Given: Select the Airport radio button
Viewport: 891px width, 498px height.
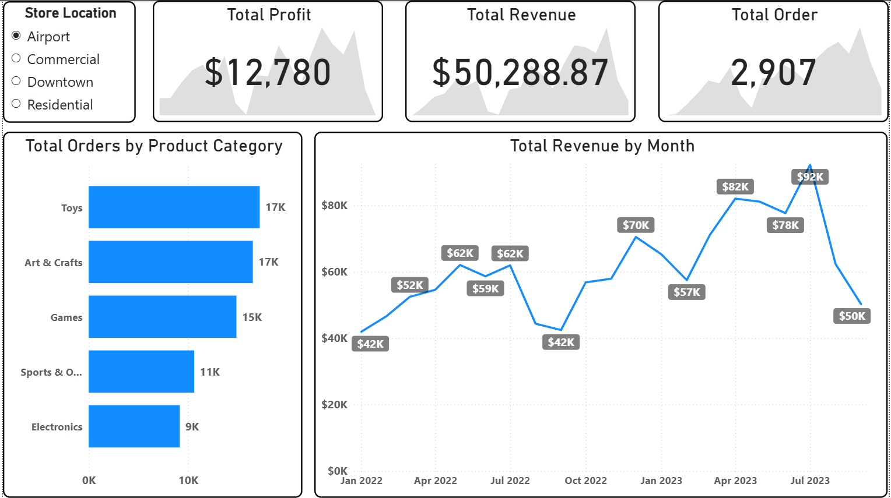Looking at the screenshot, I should pyautogui.click(x=16, y=36).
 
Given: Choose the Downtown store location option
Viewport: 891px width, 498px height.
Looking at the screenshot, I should pyautogui.click(x=16, y=81).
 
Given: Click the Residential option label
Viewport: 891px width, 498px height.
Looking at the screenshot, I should pyautogui.click(x=60, y=105).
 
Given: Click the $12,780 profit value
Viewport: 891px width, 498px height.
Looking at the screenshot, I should pyautogui.click(x=268, y=73).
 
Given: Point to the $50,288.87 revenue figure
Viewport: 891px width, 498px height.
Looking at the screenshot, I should pyautogui.click(x=520, y=73).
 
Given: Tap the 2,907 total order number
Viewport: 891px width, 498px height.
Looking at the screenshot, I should pyautogui.click(x=773, y=73).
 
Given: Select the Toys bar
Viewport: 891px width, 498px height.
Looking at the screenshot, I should pyautogui.click(x=174, y=207).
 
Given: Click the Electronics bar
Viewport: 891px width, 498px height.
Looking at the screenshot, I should pyautogui.click(x=134, y=426).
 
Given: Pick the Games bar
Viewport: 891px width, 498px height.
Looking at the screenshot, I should pyautogui.click(x=162, y=317).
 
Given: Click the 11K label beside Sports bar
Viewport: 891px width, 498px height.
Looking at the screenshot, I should pyautogui.click(x=210, y=372).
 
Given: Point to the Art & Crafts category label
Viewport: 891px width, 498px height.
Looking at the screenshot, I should pyautogui.click(x=54, y=263).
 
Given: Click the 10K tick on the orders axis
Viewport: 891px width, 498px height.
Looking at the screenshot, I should pyautogui.click(x=188, y=481).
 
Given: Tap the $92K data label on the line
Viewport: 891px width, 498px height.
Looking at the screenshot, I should pyautogui.click(x=810, y=177).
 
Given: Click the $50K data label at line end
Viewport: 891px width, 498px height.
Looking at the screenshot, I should pyautogui.click(x=851, y=316).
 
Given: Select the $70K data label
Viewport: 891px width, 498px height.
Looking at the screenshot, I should pyautogui.click(x=636, y=225).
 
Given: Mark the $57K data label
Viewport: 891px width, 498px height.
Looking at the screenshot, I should pyautogui.click(x=686, y=292).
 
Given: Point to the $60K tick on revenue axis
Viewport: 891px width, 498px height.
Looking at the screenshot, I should pyautogui.click(x=334, y=272).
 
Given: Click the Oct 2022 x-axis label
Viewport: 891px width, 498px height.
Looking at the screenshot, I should pyautogui.click(x=585, y=481).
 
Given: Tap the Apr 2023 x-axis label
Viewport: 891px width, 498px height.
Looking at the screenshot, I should pyautogui.click(x=735, y=481).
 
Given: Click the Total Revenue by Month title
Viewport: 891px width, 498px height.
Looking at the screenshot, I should pyautogui.click(x=602, y=146).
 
